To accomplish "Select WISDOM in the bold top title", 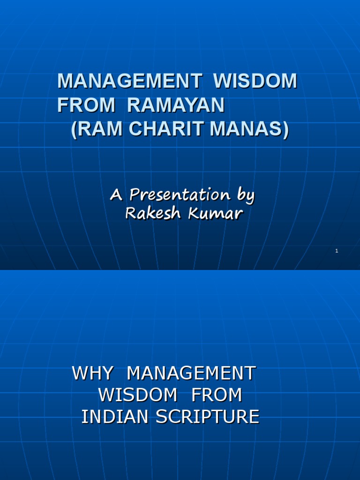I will tap(255, 81).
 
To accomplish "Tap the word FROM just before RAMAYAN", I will tap(86, 105).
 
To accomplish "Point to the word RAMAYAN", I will tap(176, 105).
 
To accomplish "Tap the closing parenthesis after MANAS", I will tap(285, 130).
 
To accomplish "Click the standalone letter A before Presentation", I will tap(115, 195).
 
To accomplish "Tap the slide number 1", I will tap(337, 251).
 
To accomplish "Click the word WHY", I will tap(92, 374).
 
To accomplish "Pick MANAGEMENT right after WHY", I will tap(191, 374).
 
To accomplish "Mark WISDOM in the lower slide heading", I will tap(138, 395).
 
